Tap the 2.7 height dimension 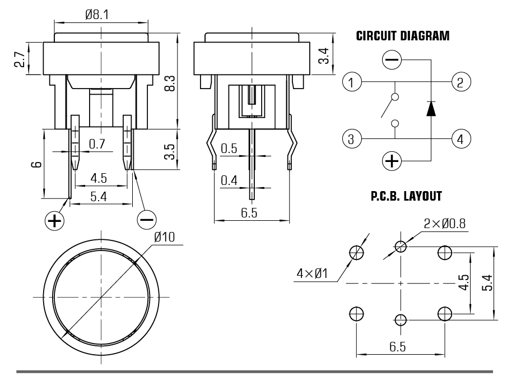tap(18, 59)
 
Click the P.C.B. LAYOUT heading tap(406, 197)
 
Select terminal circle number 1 tap(351, 83)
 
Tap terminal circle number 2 tap(460, 83)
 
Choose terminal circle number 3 tap(351, 138)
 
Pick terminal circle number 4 tap(460, 138)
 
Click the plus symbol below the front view tap(54, 220)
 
